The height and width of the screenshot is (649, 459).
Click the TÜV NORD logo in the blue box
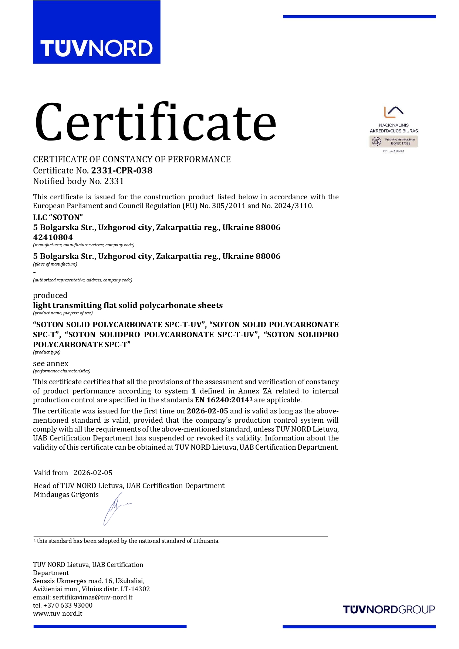(97, 48)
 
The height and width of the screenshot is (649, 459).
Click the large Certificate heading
(155, 122)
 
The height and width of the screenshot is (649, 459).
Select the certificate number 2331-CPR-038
(122, 170)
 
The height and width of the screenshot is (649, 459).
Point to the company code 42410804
(53, 237)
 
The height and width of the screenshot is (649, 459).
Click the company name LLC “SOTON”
(58, 217)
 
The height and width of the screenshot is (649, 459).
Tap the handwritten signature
(116, 508)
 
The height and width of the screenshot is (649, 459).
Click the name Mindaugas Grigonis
(66, 495)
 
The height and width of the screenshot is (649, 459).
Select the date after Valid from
(93, 473)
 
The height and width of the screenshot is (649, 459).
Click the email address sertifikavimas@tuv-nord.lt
(92, 597)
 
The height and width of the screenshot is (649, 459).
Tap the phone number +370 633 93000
(68, 605)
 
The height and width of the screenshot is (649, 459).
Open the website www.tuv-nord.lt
(58, 613)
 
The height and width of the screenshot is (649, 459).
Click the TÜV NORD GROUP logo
(389, 609)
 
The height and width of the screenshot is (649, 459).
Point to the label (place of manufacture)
(55, 264)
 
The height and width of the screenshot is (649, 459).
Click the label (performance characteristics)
(62, 371)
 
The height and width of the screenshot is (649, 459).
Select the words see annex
(51, 364)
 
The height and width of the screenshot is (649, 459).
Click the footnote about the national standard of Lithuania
(128, 541)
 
